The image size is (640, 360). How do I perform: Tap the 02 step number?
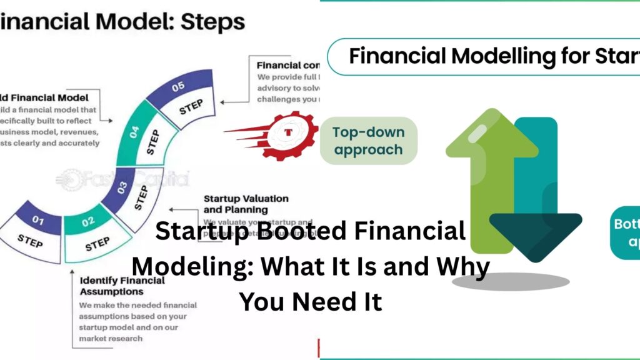[x=88, y=221]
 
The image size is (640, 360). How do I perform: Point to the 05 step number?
[x=178, y=86]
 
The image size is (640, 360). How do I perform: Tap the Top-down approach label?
[x=368, y=141]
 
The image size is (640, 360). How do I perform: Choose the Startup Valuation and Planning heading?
[x=246, y=204]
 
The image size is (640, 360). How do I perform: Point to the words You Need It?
[x=311, y=302]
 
